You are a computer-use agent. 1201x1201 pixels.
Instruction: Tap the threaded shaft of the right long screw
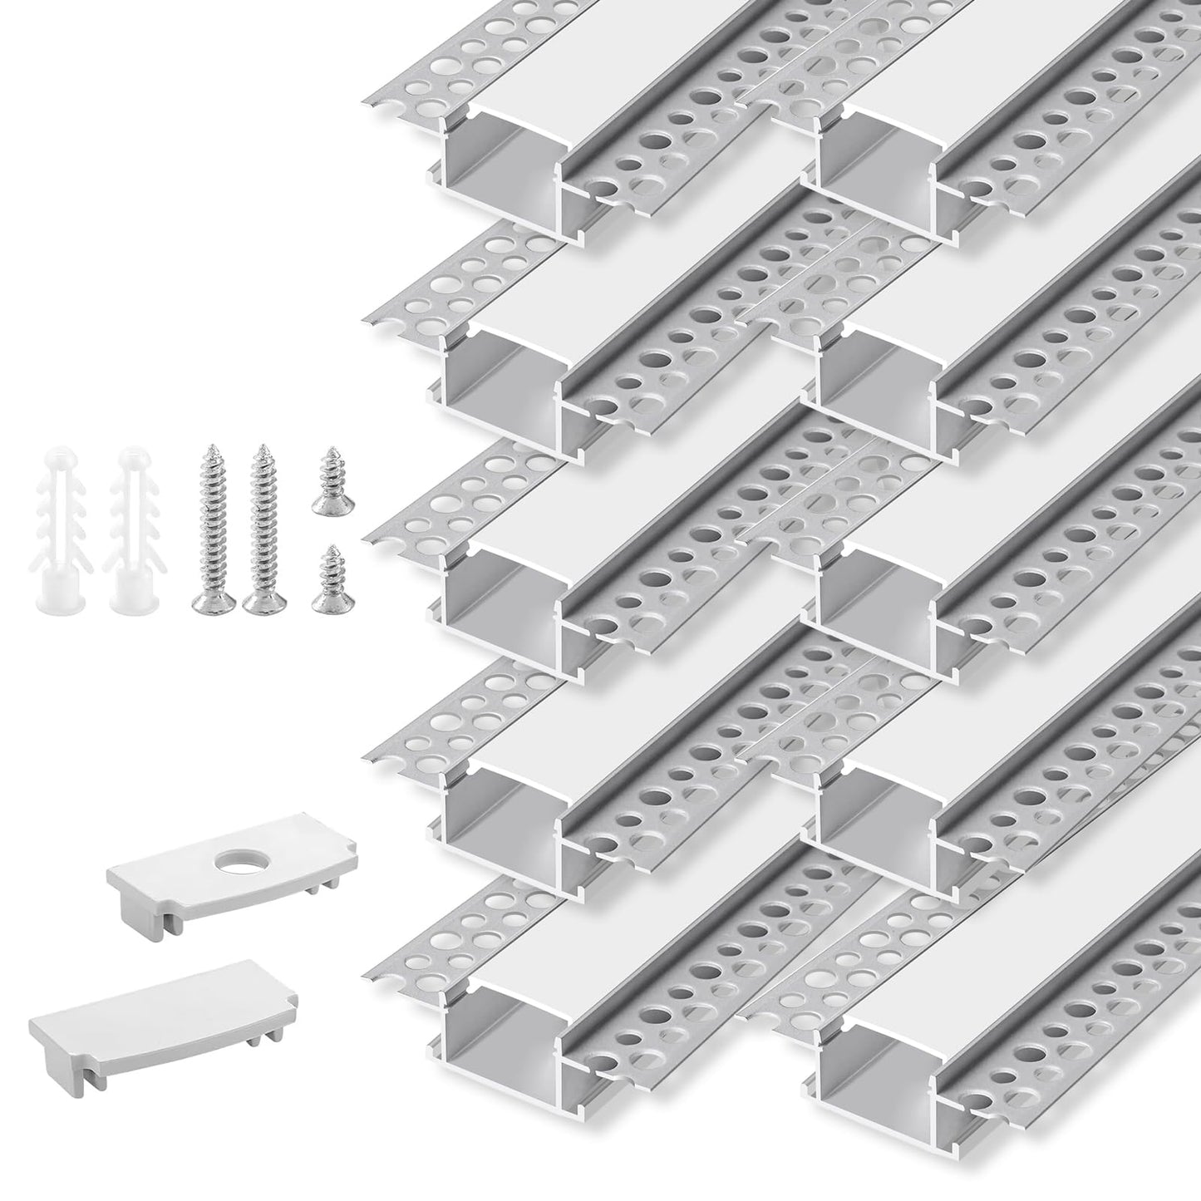(x=263, y=524)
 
